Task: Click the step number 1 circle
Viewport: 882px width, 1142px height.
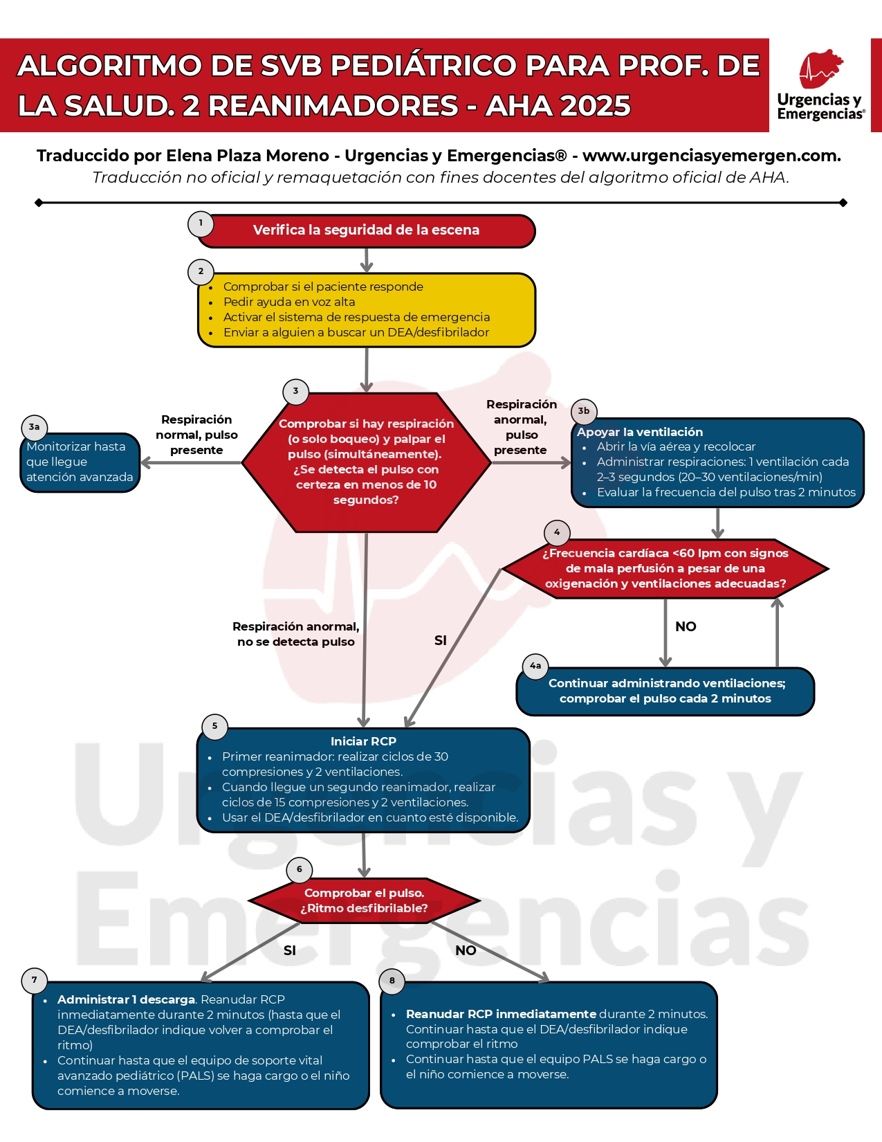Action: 201,224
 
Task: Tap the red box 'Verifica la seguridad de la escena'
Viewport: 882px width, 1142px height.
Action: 366,230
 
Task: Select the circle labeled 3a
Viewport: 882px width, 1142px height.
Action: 34,427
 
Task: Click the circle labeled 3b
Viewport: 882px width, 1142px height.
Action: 584,411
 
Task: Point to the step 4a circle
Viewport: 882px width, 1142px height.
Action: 535,666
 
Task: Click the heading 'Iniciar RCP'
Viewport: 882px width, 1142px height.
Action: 363,741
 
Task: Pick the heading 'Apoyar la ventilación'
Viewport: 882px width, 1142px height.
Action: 640,432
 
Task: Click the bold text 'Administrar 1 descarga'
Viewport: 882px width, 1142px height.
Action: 126,999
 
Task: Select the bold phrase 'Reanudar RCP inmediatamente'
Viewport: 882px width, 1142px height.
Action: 501,1014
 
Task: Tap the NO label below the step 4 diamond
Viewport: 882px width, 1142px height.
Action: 686,626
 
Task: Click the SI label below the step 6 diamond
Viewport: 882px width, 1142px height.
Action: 290,950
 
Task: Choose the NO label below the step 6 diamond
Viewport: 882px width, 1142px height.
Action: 466,950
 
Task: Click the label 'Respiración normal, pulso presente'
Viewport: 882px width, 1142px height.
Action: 196,435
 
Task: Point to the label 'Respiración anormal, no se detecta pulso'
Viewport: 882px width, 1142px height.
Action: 295,634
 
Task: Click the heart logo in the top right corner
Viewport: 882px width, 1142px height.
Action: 820,69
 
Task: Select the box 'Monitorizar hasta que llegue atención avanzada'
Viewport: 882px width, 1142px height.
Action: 80,462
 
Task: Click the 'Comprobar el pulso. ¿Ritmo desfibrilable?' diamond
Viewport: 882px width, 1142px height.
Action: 364,900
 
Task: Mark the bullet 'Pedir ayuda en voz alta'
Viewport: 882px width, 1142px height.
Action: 289,302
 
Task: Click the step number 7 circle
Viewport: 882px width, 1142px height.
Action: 35,980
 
